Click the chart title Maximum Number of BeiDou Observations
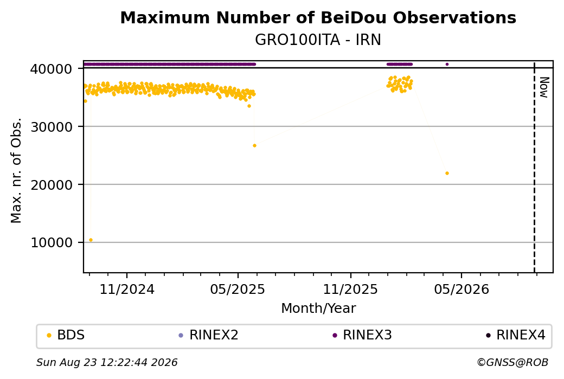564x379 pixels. pyautogui.click(x=318, y=17)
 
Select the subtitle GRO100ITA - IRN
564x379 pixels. pyautogui.click(x=318, y=40)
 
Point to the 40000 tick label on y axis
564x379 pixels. pyautogui.click(x=52, y=69)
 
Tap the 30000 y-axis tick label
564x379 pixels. pyautogui.click(x=52, y=126)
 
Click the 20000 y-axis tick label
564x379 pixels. pyautogui.click(x=52, y=184)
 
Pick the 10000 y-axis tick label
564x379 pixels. pyautogui.click(x=52, y=242)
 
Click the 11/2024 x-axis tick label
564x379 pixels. pyautogui.click(x=126, y=289)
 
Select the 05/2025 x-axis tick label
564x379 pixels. pyautogui.click(x=238, y=289)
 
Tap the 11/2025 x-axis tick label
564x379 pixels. pyautogui.click(x=350, y=289)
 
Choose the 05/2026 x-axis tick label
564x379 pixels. pyautogui.click(x=462, y=289)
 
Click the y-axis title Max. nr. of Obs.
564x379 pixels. pyautogui.click(x=16, y=170)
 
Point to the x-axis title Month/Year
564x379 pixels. pyautogui.click(x=318, y=309)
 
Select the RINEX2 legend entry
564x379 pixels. pyautogui.click(x=209, y=335)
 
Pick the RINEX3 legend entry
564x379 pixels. pyautogui.click(x=362, y=335)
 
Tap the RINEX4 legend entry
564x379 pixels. pyautogui.click(x=516, y=335)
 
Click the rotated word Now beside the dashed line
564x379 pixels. pyautogui.click(x=544, y=87)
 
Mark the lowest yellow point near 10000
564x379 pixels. pyautogui.click(x=91, y=240)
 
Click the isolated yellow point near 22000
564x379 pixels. pyautogui.click(x=447, y=174)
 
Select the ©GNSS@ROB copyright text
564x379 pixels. pyautogui.click(x=512, y=362)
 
